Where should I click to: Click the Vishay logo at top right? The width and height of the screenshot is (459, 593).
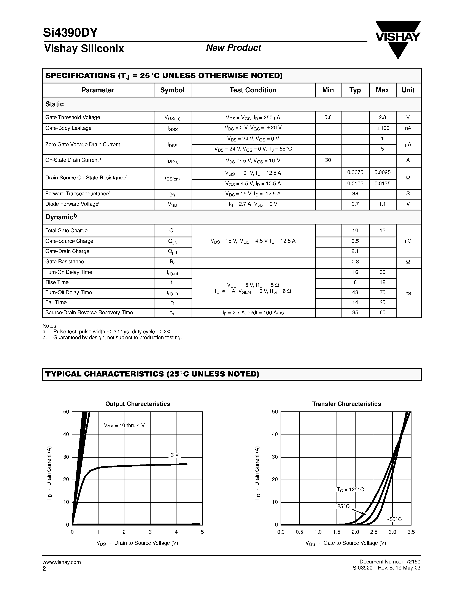pyautogui.click(x=398, y=38)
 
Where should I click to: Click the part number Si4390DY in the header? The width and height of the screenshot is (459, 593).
pyautogui.click(x=70, y=33)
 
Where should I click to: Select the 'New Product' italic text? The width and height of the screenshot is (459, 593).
pyautogui.click(x=233, y=48)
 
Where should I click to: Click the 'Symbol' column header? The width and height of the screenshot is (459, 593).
pyautogui.click(x=172, y=90)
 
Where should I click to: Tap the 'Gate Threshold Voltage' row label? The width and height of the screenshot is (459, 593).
pyautogui.click(x=73, y=117)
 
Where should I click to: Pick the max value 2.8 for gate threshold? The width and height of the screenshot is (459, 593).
pyautogui.click(x=382, y=117)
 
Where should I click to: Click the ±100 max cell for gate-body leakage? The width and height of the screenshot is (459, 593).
pyautogui.click(x=383, y=128)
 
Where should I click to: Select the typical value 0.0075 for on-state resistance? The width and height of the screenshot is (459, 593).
pyautogui.click(x=355, y=173)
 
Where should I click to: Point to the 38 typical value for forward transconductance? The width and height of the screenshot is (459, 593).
pyautogui.click(x=355, y=194)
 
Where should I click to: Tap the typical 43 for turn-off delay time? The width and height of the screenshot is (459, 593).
pyautogui.click(x=355, y=292)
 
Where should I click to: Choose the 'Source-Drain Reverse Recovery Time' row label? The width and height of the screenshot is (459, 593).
pyautogui.click(x=89, y=312)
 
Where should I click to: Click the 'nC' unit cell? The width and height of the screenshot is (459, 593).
pyautogui.click(x=408, y=241)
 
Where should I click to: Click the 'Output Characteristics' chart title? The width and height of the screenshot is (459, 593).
pyautogui.click(x=138, y=404)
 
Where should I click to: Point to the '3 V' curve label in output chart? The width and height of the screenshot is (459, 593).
pyautogui.click(x=175, y=455)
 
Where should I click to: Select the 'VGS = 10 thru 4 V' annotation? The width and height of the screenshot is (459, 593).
pyautogui.click(x=124, y=425)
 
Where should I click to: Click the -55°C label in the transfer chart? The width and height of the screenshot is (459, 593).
pyautogui.click(x=394, y=519)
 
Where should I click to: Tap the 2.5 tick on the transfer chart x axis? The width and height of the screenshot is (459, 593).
pyautogui.click(x=374, y=532)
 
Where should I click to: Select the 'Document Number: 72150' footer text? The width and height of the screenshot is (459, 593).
pyautogui.click(x=390, y=562)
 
